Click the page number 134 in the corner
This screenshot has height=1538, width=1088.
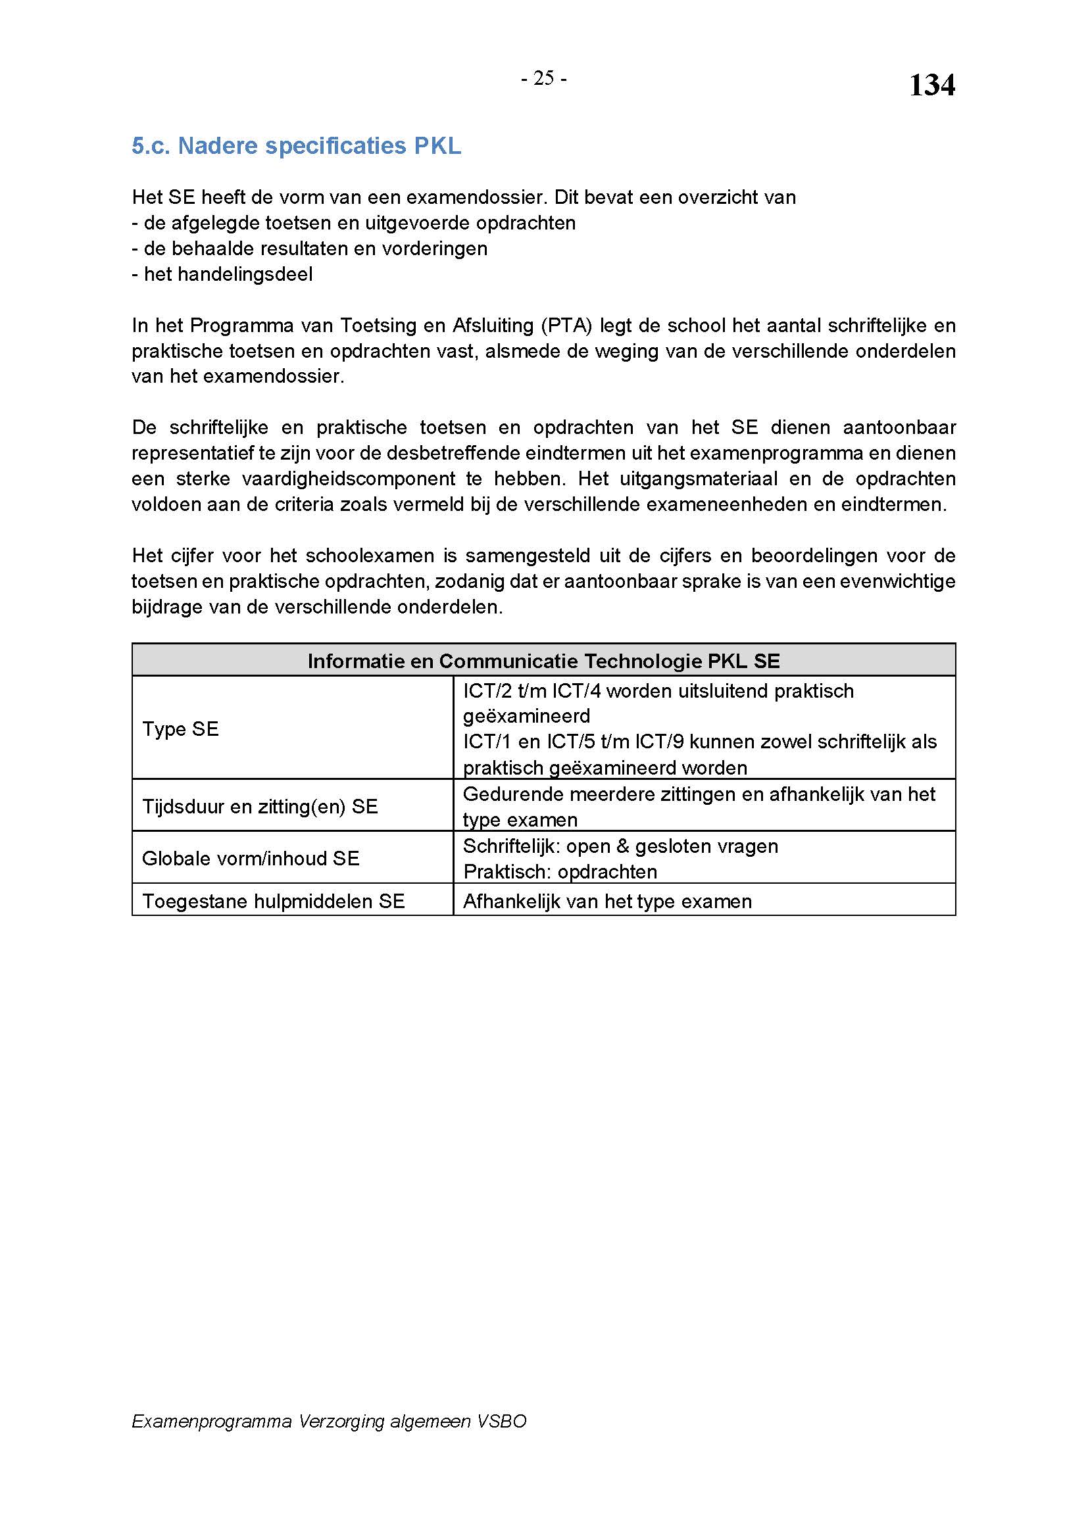pyautogui.click(x=931, y=85)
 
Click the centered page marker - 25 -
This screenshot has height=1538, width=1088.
pyautogui.click(x=544, y=79)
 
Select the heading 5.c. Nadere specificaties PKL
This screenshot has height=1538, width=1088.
pyautogui.click(x=296, y=146)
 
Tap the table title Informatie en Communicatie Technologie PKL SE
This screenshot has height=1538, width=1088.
pyautogui.click(x=543, y=661)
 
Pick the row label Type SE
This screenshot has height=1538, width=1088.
pyautogui.click(x=180, y=729)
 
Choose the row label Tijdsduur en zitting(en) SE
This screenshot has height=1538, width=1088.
pyautogui.click(x=260, y=807)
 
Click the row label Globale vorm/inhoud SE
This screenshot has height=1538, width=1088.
pyautogui.click(x=251, y=859)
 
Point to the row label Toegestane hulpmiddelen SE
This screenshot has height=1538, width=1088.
pyautogui.click(x=274, y=901)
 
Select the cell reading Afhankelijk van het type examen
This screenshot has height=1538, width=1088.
pyautogui.click(x=607, y=901)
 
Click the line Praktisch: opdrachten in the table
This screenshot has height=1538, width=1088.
pyautogui.click(x=560, y=872)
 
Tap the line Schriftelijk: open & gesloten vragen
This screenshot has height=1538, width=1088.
pyautogui.click(x=620, y=847)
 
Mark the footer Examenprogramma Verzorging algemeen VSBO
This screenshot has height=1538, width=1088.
pyautogui.click(x=329, y=1422)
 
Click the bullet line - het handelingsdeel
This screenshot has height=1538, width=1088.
pyautogui.click(x=222, y=275)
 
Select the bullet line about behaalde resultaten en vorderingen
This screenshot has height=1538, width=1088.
pyautogui.click(x=310, y=249)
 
